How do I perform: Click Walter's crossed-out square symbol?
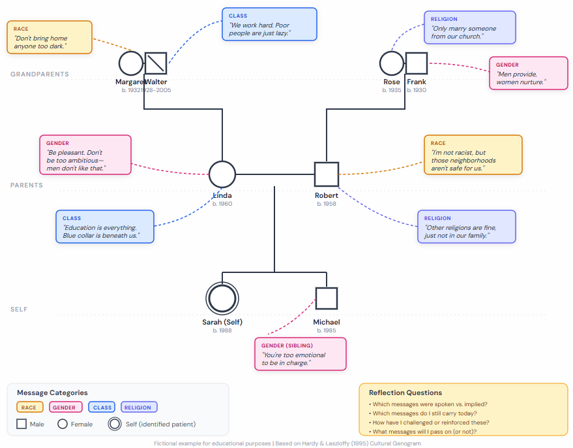click(156, 63)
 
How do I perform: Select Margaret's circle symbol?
click(131, 63)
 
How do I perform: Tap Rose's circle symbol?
click(392, 63)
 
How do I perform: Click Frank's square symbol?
click(417, 63)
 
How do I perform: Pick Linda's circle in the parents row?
click(222, 174)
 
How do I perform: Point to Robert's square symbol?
click(327, 174)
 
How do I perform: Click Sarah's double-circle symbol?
click(222, 298)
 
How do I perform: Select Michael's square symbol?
click(327, 298)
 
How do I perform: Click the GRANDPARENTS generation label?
click(40, 74)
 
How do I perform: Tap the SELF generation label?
click(20, 310)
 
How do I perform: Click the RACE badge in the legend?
click(30, 408)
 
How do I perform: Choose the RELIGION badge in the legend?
click(139, 408)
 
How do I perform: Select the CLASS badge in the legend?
click(102, 408)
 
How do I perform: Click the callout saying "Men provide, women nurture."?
click(529, 73)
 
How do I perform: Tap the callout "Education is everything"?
click(105, 227)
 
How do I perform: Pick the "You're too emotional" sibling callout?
click(300, 354)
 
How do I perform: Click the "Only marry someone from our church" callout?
click(469, 27)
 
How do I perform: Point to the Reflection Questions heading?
click(405, 392)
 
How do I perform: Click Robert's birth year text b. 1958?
click(327, 204)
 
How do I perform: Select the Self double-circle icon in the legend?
click(115, 424)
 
